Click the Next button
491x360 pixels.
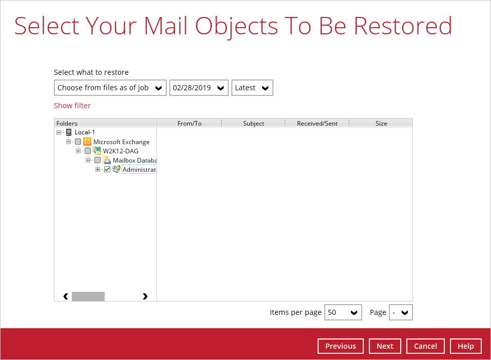385,346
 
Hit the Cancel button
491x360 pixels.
425,346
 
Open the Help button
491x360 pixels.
466,346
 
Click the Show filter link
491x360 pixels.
72,106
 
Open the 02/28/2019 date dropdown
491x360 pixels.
199,88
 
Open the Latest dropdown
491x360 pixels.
252,88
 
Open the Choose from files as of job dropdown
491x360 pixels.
110,88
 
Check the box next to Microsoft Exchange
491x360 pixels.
78,142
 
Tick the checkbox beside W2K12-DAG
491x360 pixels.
88,151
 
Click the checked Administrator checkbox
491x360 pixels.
107,169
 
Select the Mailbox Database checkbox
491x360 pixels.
97,161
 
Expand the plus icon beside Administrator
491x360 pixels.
97,169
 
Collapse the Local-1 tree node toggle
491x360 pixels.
58,132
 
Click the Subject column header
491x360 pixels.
253,124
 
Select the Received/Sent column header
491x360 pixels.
317,124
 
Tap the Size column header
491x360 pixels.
381,124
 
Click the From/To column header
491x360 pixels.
189,124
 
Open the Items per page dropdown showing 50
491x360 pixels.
343,312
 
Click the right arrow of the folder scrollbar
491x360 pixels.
145,296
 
